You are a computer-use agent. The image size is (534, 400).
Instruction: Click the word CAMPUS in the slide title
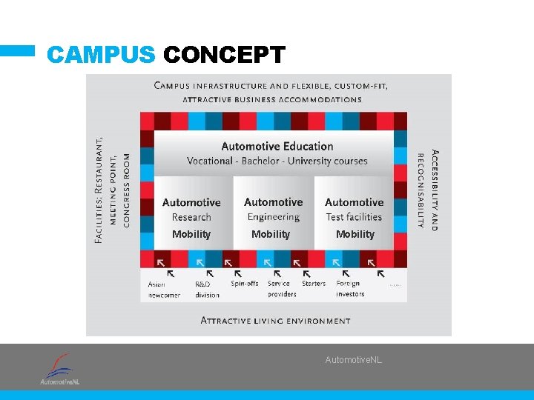coord(101,56)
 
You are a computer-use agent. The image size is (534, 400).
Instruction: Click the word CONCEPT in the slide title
coord(224,56)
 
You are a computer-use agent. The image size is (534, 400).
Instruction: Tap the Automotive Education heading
coord(277,146)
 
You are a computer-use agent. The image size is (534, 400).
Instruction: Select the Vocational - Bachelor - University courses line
coord(277,161)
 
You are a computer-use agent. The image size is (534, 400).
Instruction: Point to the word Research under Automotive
coord(191,217)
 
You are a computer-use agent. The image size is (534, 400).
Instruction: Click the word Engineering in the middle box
coord(273,217)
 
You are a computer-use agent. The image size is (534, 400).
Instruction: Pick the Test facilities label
coord(354,217)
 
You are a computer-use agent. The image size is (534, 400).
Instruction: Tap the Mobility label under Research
coord(191,234)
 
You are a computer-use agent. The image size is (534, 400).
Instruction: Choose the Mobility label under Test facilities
coord(355,234)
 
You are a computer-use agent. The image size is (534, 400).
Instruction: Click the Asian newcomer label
coord(164,290)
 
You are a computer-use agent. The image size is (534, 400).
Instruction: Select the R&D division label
coord(207,290)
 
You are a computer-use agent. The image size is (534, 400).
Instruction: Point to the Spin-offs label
coord(245,284)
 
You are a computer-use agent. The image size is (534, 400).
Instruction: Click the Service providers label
coord(282,289)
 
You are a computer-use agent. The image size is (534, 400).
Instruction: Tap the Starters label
coord(314,284)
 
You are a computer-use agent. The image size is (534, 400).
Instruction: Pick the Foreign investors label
coord(350,289)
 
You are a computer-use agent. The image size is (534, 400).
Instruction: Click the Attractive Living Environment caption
coord(276,321)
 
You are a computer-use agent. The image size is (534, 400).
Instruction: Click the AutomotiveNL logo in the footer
coord(60,368)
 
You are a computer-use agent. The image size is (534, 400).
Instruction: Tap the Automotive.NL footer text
coord(354,360)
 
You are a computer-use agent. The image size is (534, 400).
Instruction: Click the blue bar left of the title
coord(17,51)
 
